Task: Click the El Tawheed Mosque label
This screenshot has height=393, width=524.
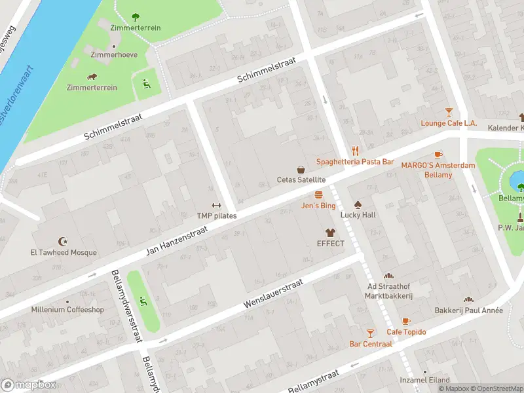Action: click(x=63, y=252)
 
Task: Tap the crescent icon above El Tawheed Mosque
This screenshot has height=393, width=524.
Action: click(x=63, y=241)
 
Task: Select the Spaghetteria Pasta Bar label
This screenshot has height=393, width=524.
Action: click(x=355, y=161)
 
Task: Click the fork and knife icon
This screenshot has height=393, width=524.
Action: click(x=356, y=150)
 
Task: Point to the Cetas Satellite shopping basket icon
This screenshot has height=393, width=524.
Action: click(x=301, y=169)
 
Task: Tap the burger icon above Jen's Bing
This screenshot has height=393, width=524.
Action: click(x=318, y=195)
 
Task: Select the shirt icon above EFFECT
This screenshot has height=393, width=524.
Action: click(x=330, y=233)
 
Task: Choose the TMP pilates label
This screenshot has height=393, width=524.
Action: click(x=217, y=215)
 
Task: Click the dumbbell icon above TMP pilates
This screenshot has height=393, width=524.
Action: click(x=217, y=205)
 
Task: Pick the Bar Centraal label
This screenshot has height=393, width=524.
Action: click(x=371, y=343)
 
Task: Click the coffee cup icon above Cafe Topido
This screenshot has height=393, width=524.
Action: click(x=405, y=321)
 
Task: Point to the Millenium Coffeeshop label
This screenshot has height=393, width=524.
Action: click(x=67, y=309)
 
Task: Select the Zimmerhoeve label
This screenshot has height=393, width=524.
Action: click(x=114, y=55)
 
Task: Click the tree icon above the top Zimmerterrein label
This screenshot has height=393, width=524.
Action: click(x=136, y=17)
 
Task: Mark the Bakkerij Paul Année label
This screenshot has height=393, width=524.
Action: click(x=468, y=310)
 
